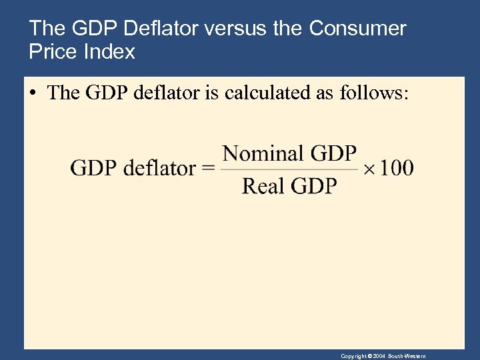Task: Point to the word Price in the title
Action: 53,51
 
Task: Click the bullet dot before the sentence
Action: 33,93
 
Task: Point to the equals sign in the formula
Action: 208,168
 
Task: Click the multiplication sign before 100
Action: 370,168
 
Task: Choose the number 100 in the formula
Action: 397,167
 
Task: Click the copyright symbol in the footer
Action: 369,356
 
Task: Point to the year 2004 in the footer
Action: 379,356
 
